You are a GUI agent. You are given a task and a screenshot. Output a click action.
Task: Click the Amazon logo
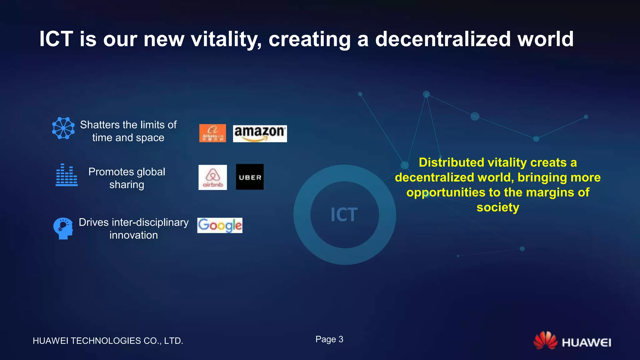pyautogui.click(x=260, y=133)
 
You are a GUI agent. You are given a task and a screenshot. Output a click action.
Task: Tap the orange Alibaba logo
pyautogui.click(x=212, y=133)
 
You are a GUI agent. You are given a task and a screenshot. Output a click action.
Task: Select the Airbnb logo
pyautogui.click(x=212, y=177)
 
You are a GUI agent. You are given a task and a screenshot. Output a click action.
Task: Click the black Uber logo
pyautogui.click(x=250, y=177)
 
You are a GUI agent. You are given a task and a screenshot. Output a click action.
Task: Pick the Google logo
pyautogui.click(x=220, y=225)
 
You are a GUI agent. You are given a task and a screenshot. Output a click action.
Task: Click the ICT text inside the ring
pyautogui.click(x=344, y=215)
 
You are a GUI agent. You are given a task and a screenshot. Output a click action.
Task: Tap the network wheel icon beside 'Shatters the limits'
pyautogui.click(x=63, y=128)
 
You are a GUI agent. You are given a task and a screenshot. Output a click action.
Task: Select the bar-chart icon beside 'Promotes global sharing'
pyautogui.click(x=67, y=175)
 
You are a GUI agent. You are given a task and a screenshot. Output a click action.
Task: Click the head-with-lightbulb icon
pyautogui.click(x=63, y=228)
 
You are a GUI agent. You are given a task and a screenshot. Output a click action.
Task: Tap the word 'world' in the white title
pyautogui.click(x=545, y=39)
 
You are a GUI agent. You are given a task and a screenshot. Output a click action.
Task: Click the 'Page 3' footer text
pyautogui.click(x=329, y=339)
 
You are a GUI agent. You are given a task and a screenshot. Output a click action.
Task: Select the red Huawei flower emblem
pyautogui.click(x=545, y=340)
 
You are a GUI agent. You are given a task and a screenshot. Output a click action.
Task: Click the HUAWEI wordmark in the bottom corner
pyautogui.click(x=586, y=343)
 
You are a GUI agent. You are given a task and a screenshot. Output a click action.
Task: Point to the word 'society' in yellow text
pyautogui.click(x=498, y=207)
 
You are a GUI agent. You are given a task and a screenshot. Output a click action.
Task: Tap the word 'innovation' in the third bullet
pyautogui.click(x=133, y=235)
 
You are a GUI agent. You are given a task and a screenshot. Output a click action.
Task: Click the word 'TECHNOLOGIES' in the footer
pyautogui.click(x=106, y=341)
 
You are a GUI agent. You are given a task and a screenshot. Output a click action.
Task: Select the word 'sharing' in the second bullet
pyautogui.click(x=127, y=185)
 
